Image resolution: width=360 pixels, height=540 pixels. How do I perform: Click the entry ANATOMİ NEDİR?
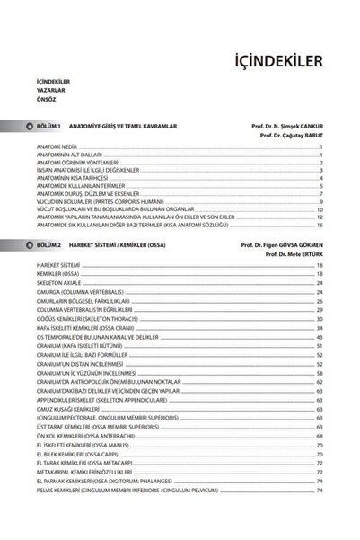tap(55, 146)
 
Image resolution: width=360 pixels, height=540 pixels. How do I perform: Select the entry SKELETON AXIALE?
tap(59, 284)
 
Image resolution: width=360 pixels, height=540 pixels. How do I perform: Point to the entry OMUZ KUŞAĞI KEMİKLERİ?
tap(72, 408)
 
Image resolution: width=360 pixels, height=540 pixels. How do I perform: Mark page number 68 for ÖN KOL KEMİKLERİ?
tap(320, 435)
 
